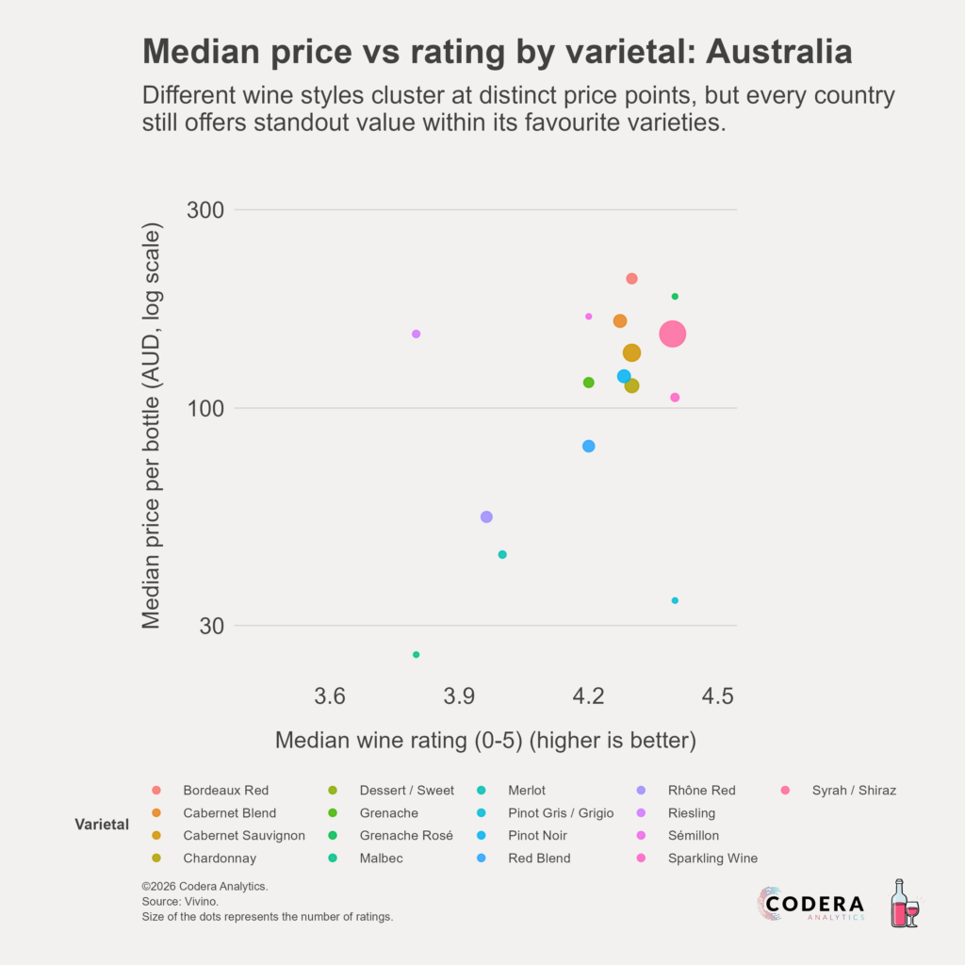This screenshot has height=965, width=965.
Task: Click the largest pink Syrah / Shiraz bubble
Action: [672, 334]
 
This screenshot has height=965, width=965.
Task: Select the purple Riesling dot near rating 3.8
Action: [416, 334]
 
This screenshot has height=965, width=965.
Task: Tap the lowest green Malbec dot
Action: [416, 654]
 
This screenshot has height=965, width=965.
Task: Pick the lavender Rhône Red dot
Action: [486, 516]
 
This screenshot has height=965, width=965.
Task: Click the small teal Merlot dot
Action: [502, 554]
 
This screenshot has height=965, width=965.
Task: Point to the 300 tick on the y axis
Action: [210, 209]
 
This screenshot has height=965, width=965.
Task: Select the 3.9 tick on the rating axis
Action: [459, 696]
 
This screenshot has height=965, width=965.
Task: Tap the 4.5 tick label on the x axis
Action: [717, 696]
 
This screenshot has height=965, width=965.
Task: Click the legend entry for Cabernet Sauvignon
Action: [243, 836]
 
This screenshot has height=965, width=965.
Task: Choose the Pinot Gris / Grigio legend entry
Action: [560, 813]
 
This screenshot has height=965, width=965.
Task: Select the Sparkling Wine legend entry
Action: [712, 859]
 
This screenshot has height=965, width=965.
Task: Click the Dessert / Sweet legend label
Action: [406, 791]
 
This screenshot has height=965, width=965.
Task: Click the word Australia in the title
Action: [778, 52]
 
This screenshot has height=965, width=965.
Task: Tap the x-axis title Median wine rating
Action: [485, 741]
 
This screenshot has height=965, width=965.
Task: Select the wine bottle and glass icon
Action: [904, 904]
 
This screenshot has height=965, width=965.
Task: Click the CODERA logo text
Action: [814, 903]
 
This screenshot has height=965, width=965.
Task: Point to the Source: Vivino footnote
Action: [179, 902]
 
